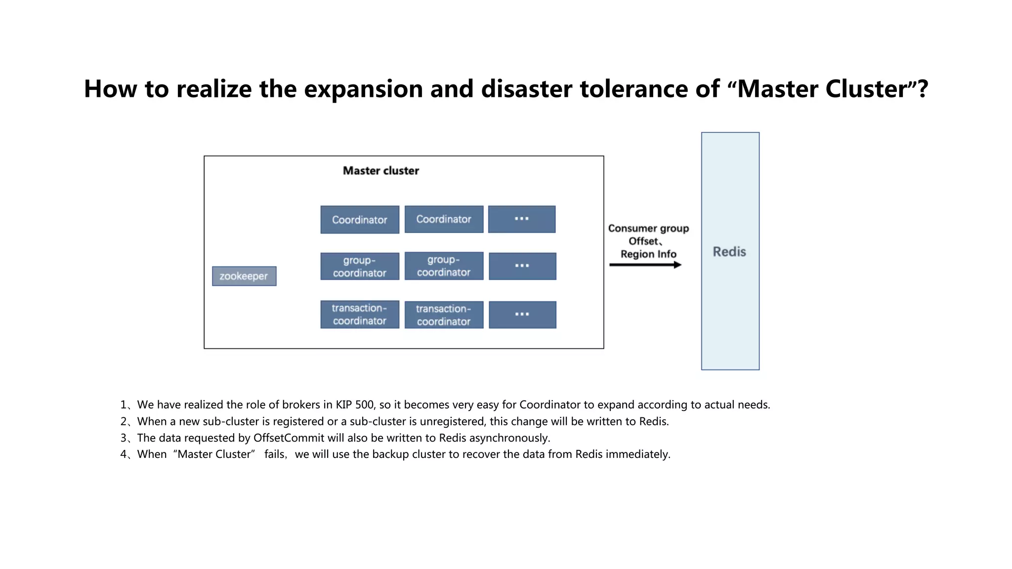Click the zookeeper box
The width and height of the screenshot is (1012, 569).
tap(244, 276)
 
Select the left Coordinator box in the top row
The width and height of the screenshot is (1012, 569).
tap(360, 220)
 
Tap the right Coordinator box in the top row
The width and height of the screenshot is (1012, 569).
tap(444, 219)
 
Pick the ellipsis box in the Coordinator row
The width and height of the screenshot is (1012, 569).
tap(522, 219)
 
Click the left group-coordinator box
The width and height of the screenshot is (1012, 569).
tap(360, 267)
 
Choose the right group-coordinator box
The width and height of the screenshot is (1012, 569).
tap(444, 266)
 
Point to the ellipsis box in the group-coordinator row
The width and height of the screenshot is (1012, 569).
tap(522, 266)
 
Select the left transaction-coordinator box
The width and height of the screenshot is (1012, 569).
tap(360, 315)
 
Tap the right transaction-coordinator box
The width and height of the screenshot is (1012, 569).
tap(444, 315)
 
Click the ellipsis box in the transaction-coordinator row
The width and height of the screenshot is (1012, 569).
tap(522, 315)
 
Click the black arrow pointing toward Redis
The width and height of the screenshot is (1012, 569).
tap(645, 265)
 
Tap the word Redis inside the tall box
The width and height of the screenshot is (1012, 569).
tap(729, 252)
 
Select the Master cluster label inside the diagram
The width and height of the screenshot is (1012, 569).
tap(381, 171)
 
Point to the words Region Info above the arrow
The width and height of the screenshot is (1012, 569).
tap(648, 254)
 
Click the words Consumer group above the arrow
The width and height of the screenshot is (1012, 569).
tap(648, 229)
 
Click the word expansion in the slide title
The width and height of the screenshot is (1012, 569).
tap(363, 89)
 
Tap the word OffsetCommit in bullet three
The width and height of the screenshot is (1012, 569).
tap(289, 438)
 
